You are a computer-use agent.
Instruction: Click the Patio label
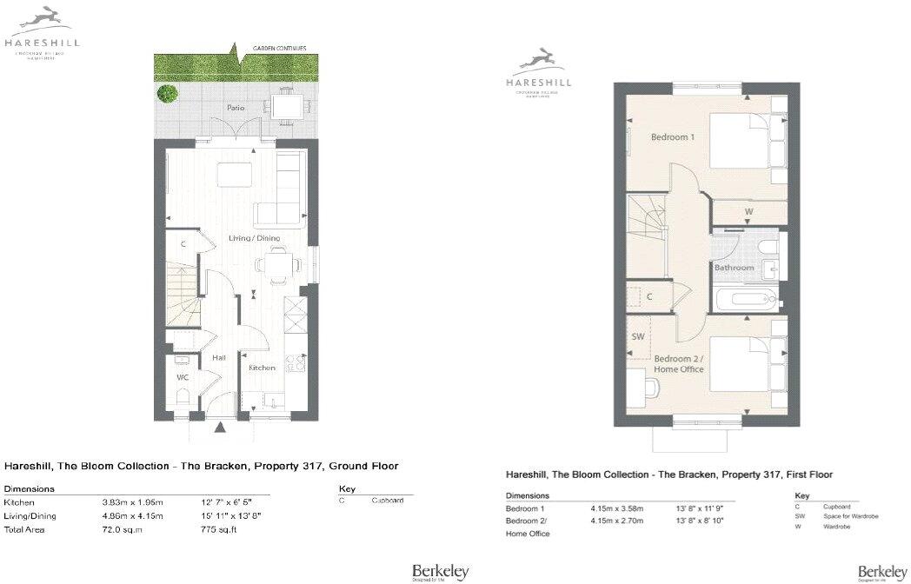coord(235,108)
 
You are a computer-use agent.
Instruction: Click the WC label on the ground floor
coord(183,377)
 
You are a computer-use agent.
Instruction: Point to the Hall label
coord(219,358)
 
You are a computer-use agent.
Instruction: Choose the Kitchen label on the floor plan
coord(262,368)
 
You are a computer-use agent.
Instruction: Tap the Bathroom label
coord(734,268)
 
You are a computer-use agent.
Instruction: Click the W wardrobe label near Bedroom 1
coord(748,211)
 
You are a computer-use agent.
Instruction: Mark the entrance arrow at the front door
coord(221,426)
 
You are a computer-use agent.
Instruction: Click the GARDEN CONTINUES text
coord(279,48)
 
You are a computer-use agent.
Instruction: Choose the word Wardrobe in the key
coord(835,527)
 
